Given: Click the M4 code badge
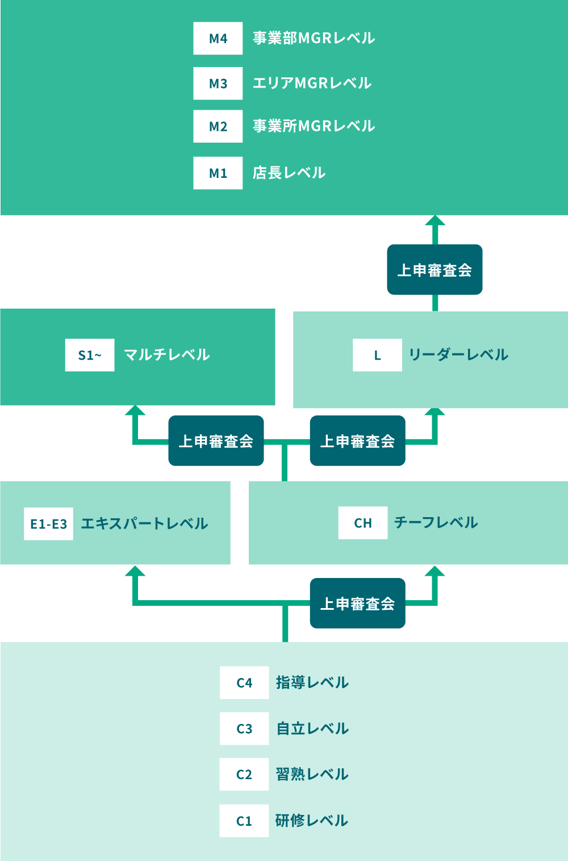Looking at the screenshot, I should (x=218, y=39).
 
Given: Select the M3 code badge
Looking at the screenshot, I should (x=218, y=84).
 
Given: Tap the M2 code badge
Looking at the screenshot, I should (x=218, y=126).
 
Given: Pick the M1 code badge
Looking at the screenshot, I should (x=218, y=173).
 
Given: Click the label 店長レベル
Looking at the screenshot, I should (x=289, y=173).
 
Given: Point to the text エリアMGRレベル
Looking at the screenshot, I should (x=312, y=84).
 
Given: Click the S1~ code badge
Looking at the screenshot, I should (x=90, y=355).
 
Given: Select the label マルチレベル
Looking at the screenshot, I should (x=167, y=355).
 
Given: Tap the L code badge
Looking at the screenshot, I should (x=377, y=355).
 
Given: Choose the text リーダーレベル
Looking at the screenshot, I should (x=458, y=355).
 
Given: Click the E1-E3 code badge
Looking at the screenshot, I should (x=48, y=524).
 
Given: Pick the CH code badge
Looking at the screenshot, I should (x=363, y=523).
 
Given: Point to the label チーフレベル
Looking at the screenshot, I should (x=436, y=523).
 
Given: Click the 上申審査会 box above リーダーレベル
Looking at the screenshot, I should (x=435, y=270).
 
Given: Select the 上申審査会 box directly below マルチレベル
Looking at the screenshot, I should (x=216, y=441).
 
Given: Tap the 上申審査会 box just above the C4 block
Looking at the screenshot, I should (x=357, y=604).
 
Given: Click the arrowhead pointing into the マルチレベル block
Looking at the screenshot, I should (x=135, y=411).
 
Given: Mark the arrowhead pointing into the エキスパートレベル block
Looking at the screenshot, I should (x=135, y=571).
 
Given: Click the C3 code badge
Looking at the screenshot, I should (x=244, y=729).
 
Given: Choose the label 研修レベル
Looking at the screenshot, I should (x=311, y=821).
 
